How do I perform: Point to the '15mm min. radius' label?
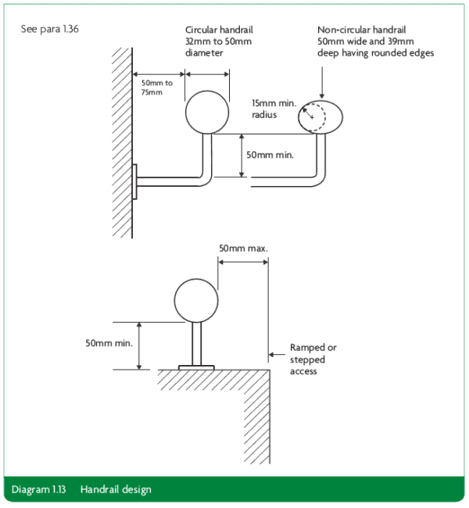pos(270,108)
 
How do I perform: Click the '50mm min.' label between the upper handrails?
pos(270,155)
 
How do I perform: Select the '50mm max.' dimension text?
pos(243,248)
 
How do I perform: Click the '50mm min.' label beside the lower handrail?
pos(109,342)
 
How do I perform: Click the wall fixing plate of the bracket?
pos(135,182)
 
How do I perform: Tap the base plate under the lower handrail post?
pos(196,366)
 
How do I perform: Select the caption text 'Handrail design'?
pos(116,490)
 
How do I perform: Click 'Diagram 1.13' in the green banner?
pos(40,490)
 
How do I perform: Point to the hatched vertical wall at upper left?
pos(121,141)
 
